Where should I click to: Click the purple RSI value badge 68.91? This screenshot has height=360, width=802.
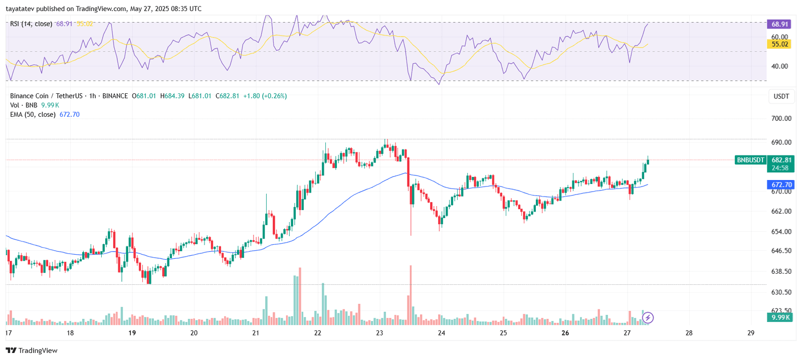click(779, 24)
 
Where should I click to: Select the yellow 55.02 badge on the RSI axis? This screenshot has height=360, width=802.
click(779, 44)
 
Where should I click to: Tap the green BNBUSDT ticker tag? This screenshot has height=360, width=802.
click(750, 160)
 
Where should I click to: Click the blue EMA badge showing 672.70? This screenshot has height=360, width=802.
click(781, 185)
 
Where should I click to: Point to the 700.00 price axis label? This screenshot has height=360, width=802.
click(781, 118)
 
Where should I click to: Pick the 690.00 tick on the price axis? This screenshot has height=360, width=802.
click(781, 142)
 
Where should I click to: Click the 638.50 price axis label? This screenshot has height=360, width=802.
click(781, 271)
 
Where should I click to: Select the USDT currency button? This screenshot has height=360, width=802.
click(781, 96)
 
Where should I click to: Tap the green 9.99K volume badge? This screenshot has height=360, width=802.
click(780, 317)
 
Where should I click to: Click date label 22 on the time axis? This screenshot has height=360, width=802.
click(318, 333)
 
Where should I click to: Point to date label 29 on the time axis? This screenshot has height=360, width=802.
click(750, 333)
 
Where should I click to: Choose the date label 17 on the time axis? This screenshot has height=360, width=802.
click(9, 333)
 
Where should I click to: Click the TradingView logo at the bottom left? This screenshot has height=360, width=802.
click(32, 350)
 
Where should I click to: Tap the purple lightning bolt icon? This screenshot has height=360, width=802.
click(648, 317)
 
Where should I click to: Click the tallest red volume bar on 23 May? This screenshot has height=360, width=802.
click(410, 296)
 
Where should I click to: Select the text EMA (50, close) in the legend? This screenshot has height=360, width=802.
click(33, 114)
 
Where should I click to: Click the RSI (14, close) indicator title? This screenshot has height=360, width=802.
click(31, 24)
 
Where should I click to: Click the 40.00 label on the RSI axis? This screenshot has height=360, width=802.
click(779, 66)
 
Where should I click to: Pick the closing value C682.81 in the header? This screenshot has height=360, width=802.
click(227, 96)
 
